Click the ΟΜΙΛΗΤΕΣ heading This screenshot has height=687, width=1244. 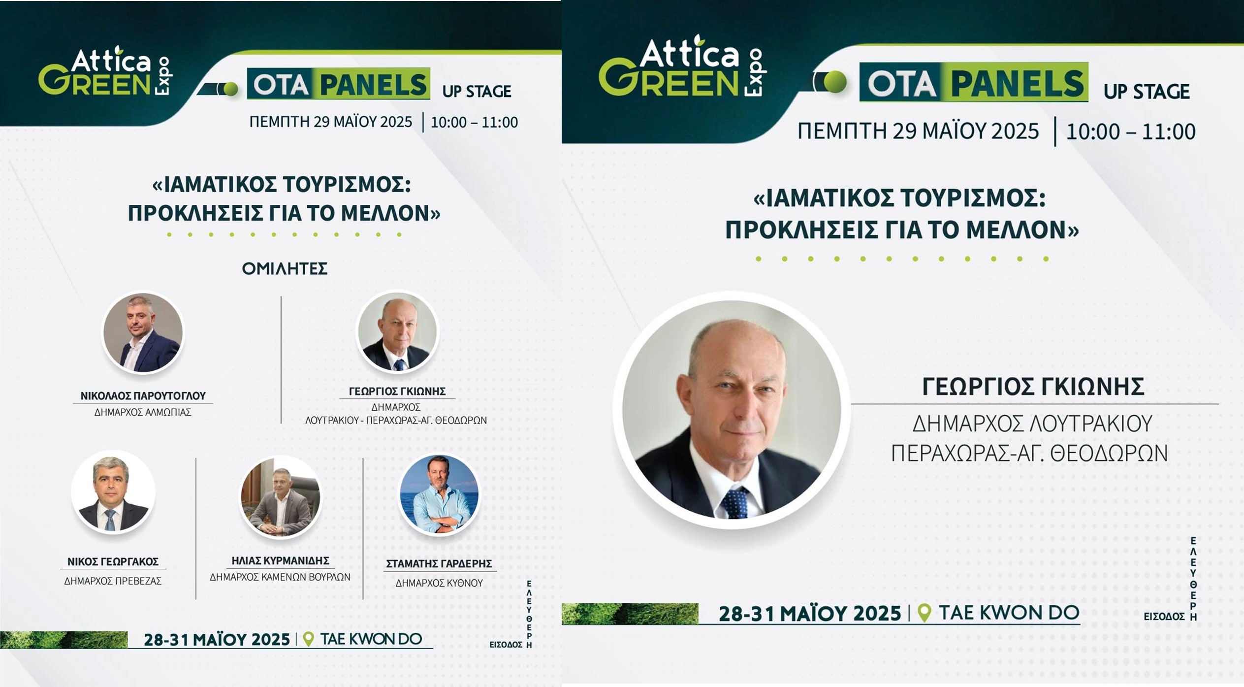tap(285, 268)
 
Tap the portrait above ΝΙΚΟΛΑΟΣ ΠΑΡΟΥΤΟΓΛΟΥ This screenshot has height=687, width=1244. tap(143, 332)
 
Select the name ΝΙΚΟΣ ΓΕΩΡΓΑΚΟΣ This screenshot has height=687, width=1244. tap(113, 561)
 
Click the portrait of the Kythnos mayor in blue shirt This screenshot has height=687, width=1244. tap(439, 494)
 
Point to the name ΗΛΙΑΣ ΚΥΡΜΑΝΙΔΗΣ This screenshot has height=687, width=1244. tap(280, 560)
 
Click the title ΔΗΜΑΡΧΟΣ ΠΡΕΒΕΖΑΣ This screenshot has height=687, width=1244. tap(113, 581)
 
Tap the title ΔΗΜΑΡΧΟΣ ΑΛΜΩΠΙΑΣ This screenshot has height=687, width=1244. tap(143, 412)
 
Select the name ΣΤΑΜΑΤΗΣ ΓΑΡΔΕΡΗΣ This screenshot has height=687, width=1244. tap(439, 564)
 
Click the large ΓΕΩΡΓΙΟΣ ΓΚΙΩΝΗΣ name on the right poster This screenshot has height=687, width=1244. tap(1033, 387)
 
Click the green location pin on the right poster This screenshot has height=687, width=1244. tap(925, 613)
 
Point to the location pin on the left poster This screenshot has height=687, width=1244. tap(308, 639)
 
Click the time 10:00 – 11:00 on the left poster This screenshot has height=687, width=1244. tap(474, 122)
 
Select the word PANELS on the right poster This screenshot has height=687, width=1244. tap(1018, 82)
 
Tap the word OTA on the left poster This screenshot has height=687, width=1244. tap(281, 84)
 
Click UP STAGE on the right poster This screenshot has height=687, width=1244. tap(1147, 92)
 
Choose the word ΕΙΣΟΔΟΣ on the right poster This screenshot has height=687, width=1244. tap(1164, 616)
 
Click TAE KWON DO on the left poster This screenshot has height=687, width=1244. tap(371, 639)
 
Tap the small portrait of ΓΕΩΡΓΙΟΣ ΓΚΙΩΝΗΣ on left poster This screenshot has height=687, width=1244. tap(397, 331)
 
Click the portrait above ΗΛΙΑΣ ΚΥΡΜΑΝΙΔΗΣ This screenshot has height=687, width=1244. tap(280, 496)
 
